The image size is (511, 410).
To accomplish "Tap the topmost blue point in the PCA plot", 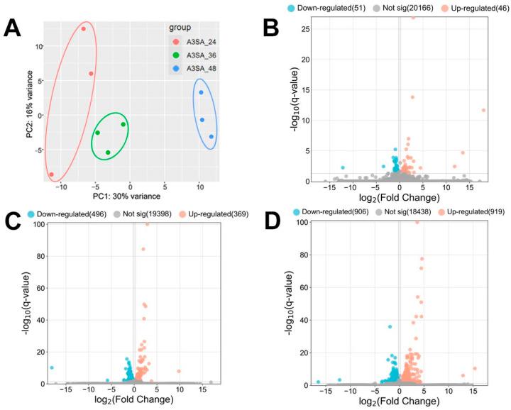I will [201, 93].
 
